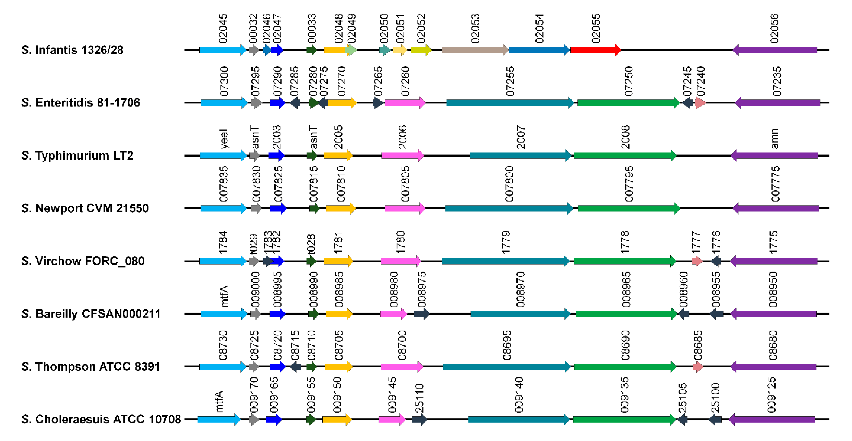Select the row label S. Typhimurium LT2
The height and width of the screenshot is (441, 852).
tap(77, 155)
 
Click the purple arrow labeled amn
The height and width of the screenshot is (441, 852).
tap(774, 155)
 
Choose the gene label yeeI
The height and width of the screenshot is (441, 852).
tap(224, 139)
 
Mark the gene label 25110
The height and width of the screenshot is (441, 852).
tap(419, 398)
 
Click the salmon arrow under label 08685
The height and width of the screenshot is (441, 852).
tap(697, 366)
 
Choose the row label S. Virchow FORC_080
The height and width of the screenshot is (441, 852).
tap(83, 261)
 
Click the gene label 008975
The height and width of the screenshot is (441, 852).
tap(422, 290)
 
